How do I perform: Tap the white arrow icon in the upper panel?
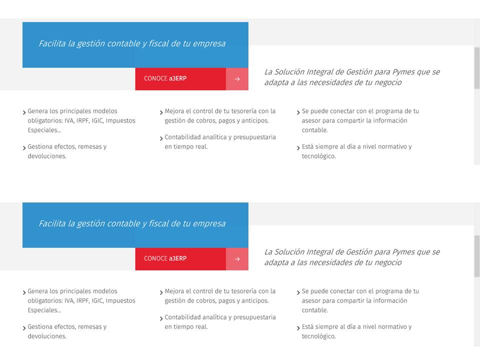(237, 79)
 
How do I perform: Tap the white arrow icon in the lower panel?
(237, 259)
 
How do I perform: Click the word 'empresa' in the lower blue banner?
(209, 223)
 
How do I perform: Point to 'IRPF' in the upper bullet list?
(82, 120)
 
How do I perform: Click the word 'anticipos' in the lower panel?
(254, 300)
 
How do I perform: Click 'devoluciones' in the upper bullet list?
(47, 156)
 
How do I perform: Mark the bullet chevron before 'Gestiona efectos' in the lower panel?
(24, 328)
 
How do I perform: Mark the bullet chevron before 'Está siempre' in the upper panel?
(298, 148)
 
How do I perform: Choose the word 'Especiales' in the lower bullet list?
(42, 310)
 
